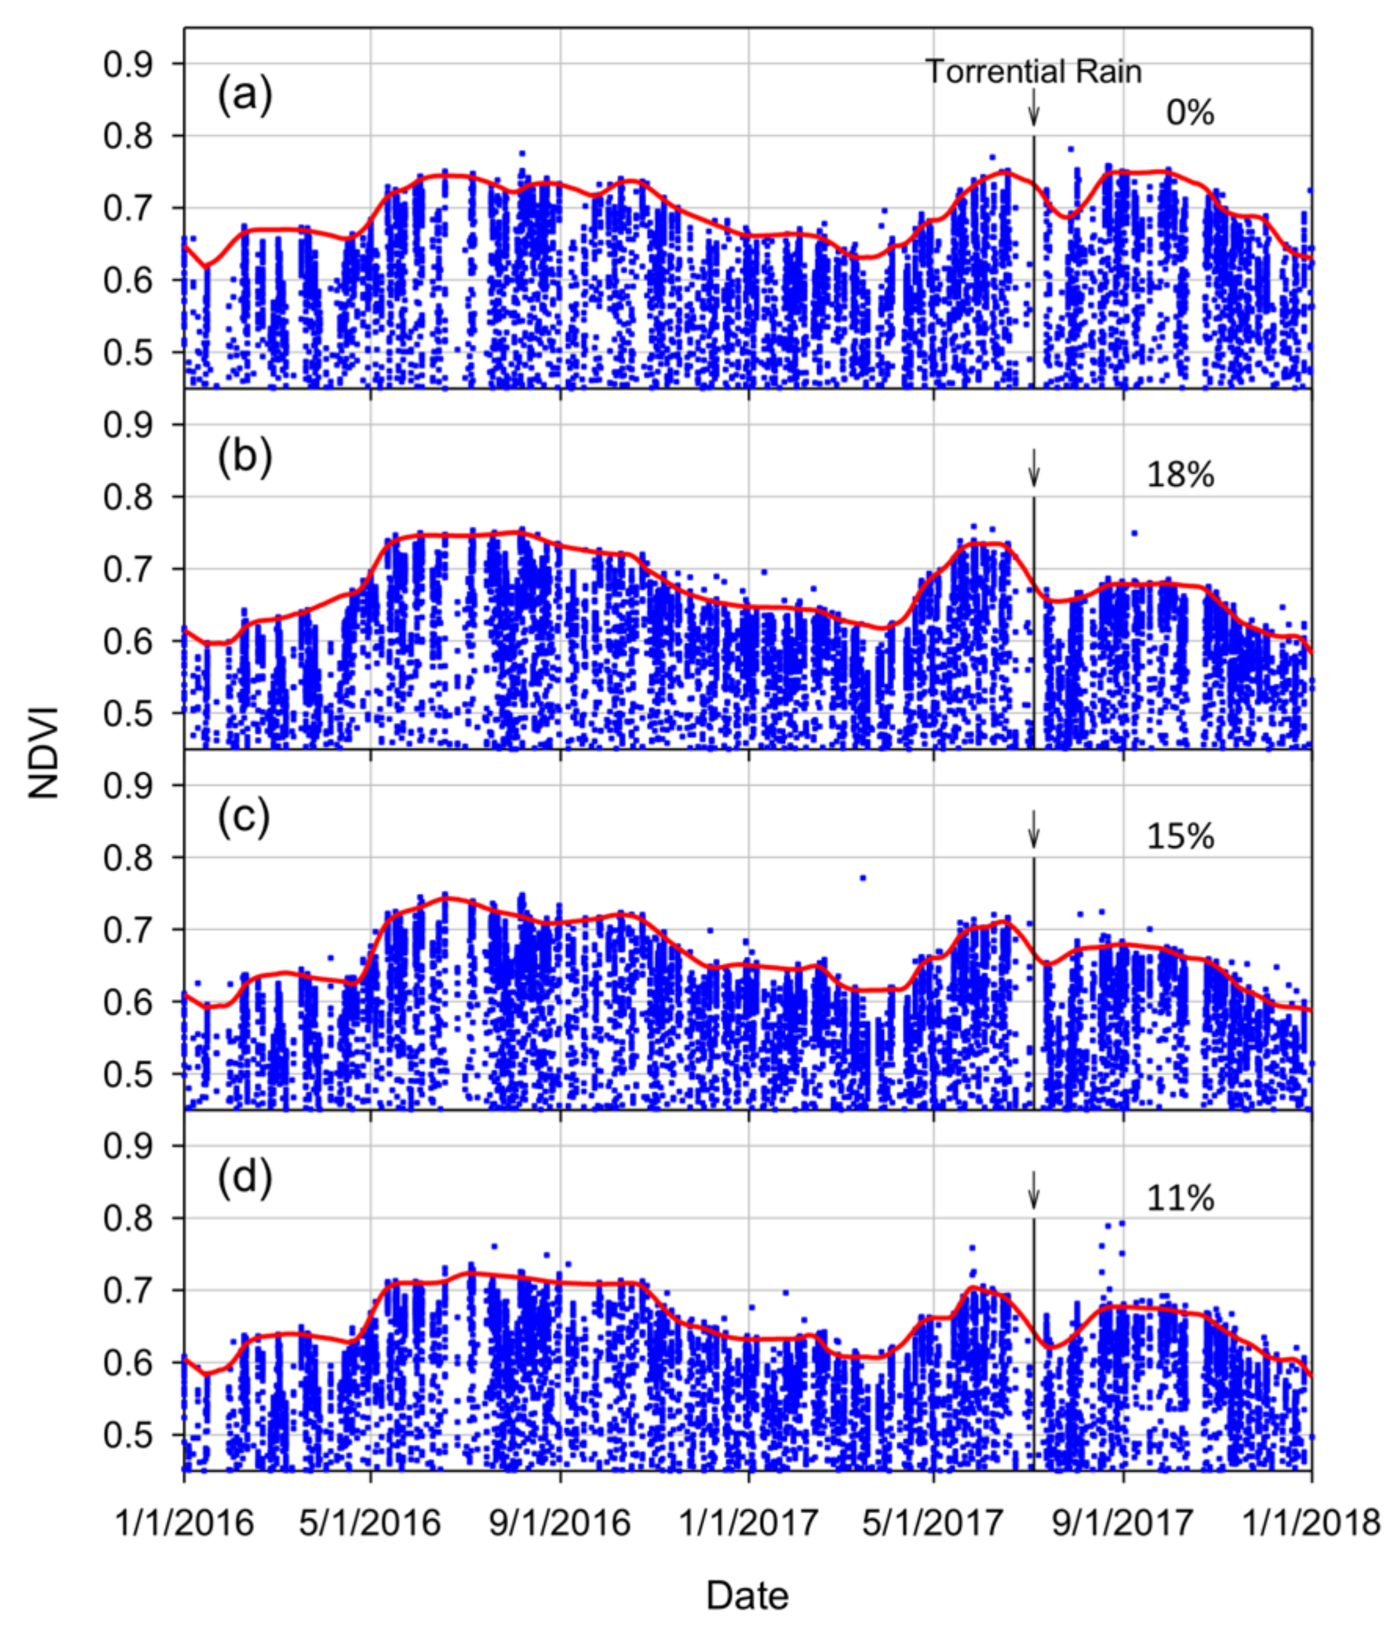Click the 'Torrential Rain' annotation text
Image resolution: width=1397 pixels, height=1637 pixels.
click(x=1032, y=72)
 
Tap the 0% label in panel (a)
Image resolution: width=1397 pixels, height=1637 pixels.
click(x=1189, y=113)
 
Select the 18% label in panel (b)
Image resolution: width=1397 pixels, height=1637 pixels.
click(x=1179, y=475)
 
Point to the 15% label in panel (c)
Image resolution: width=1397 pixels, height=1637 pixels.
click(x=1179, y=836)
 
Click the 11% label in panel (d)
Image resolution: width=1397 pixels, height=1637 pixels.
click(x=1179, y=1198)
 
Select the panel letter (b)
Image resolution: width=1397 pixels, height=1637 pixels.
click(x=244, y=457)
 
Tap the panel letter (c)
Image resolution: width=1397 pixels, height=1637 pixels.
click(x=243, y=818)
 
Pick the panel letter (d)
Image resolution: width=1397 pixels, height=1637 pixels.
click(x=244, y=1179)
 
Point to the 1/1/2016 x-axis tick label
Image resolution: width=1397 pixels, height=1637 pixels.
click(x=184, y=1522)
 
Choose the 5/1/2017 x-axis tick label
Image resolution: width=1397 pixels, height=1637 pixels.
click(x=933, y=1522)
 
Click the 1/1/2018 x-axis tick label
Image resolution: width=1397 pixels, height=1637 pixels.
click(x=1311, y=1522)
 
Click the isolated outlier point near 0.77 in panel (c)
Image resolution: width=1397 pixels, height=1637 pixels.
click(x=863, y=878)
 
